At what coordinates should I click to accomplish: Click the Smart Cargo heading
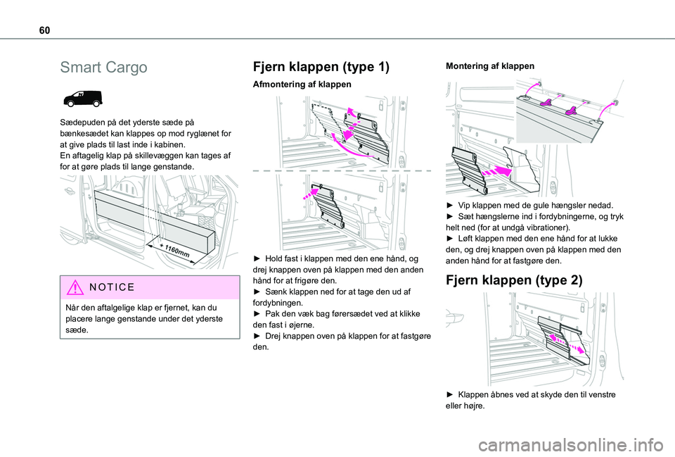(x=103, y=68)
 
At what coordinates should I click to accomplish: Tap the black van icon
(x=82, y=99)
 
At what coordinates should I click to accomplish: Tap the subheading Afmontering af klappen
(x=301, y=84)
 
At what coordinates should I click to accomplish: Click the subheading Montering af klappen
(x=490, y=65)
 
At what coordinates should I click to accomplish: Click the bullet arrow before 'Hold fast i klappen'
(x=258, y=259)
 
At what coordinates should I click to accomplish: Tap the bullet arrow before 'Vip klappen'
(x=451, y=205)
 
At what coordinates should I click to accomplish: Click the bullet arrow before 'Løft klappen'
(x=451, y=239)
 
